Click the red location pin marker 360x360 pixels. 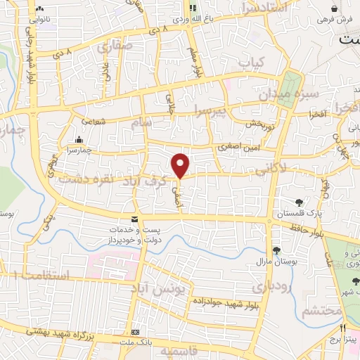pyautogui.click(x=181, y=165)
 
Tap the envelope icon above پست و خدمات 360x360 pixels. pyautogui.click(x=134, y=219)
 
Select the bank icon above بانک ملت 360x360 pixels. pyautogui.click(x=136, y=331)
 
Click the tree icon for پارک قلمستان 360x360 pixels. pyautogui.click(x=300, y=203)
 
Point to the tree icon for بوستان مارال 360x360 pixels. pyautogui.click(x=276, y=250)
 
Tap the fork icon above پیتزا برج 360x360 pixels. pyautogui.click(x=343, y=328)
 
